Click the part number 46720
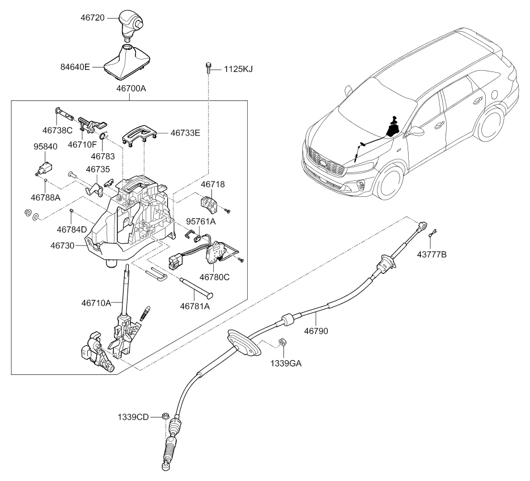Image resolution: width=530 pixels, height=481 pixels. click(x=92, y=17)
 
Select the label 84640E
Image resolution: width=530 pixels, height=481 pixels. click(x=75, y=67)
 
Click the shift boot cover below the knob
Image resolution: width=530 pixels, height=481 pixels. click(x=126, y=62)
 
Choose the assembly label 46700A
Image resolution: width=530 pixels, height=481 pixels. click(x=131, y=88)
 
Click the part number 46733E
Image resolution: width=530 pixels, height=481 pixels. click(x=185, y=133)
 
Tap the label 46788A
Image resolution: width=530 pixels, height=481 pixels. click(x=46, y=197)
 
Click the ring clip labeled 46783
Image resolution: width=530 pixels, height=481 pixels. click(x=104, y=136)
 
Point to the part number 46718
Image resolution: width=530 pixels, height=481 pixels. click(x=213, y=184)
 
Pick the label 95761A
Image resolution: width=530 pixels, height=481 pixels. click(x=201, y=221)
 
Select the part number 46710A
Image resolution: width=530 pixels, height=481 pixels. click(x=96, y=303)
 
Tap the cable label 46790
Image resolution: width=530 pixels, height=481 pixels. click(x=316, y=331)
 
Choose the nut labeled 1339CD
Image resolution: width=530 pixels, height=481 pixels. click(x=166, y=416)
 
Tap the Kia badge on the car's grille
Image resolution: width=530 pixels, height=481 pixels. click(x=324, y=163)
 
